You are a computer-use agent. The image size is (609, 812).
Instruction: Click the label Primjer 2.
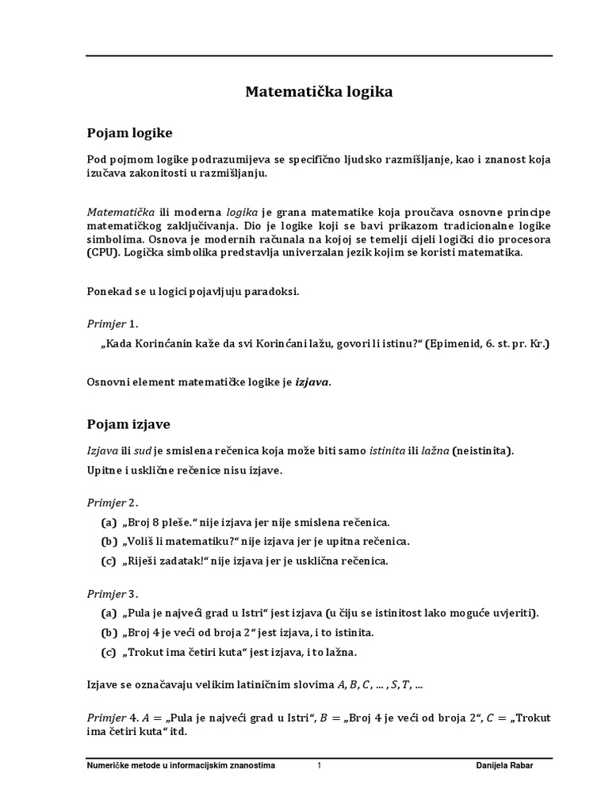113,503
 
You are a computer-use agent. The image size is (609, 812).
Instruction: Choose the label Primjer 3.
113,593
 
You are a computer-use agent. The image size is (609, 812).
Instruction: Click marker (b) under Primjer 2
109,542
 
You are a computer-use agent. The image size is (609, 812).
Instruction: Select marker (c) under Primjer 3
109,653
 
